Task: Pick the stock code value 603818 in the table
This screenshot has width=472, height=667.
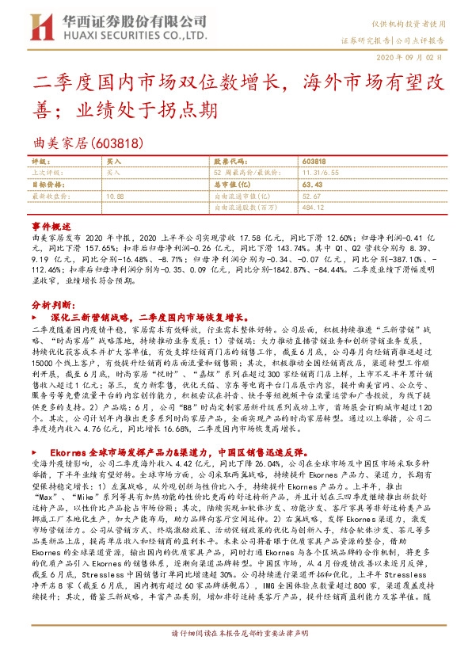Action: click(314, 161)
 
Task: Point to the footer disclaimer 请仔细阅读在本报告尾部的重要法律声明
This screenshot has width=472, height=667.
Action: click(236, 657)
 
